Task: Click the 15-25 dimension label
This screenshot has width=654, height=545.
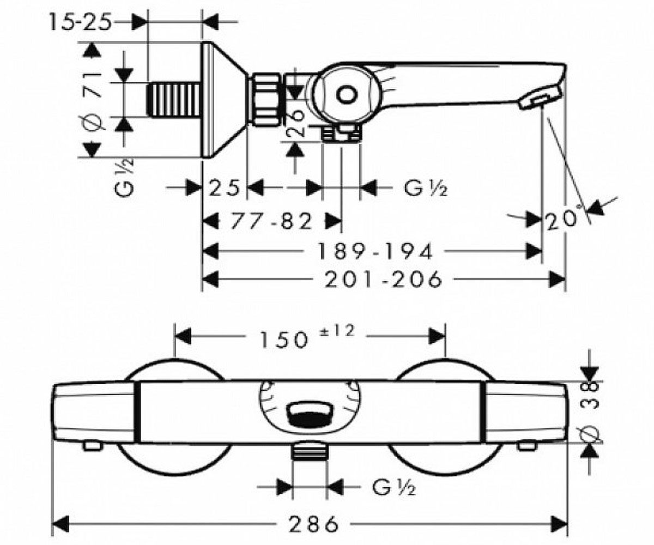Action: click(81, 22)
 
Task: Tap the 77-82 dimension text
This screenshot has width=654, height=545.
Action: click(271, 221)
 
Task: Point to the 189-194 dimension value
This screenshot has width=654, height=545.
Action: click(376, 251)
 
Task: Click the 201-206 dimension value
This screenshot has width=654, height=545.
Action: click(383, 279)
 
